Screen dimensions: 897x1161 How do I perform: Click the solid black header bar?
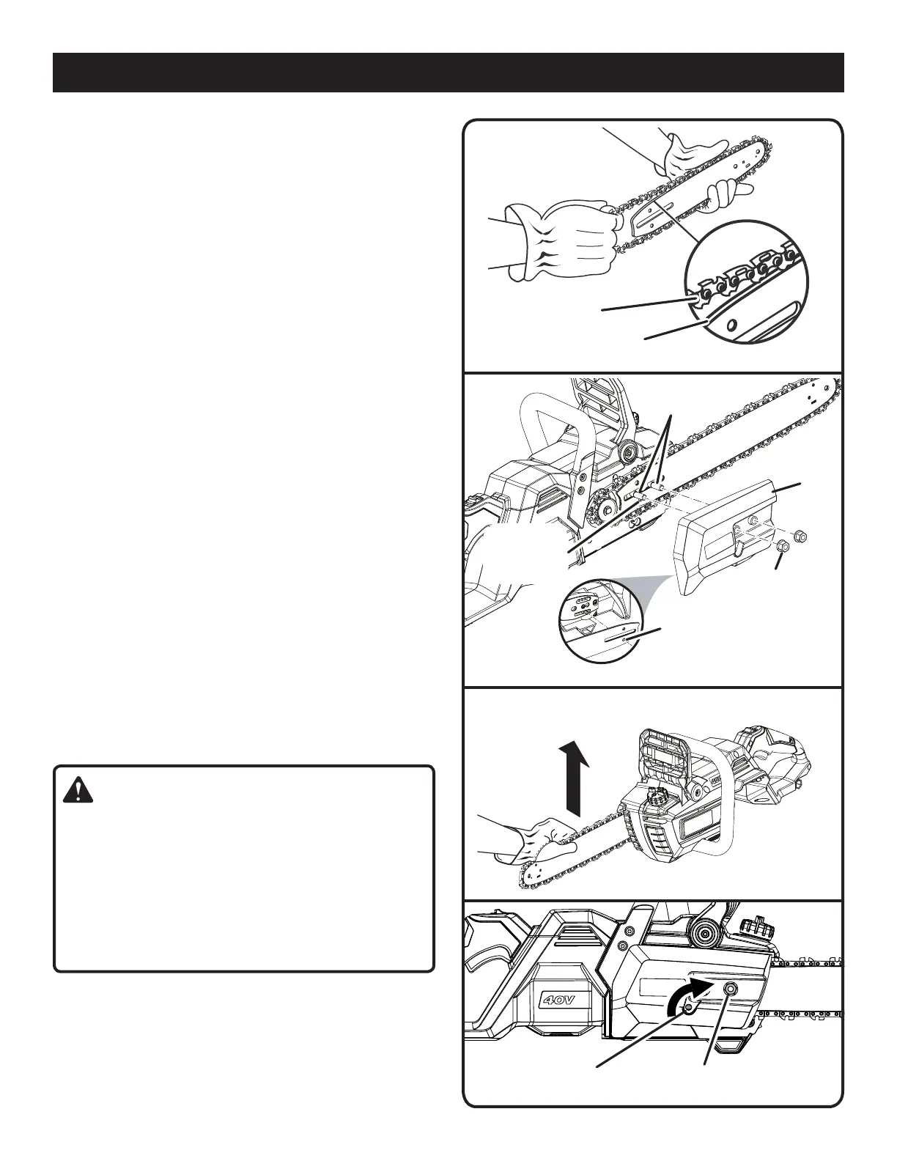point(448,72)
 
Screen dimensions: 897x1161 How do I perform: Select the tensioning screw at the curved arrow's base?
point(688,1011)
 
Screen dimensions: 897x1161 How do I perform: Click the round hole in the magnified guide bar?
point(731,327)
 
